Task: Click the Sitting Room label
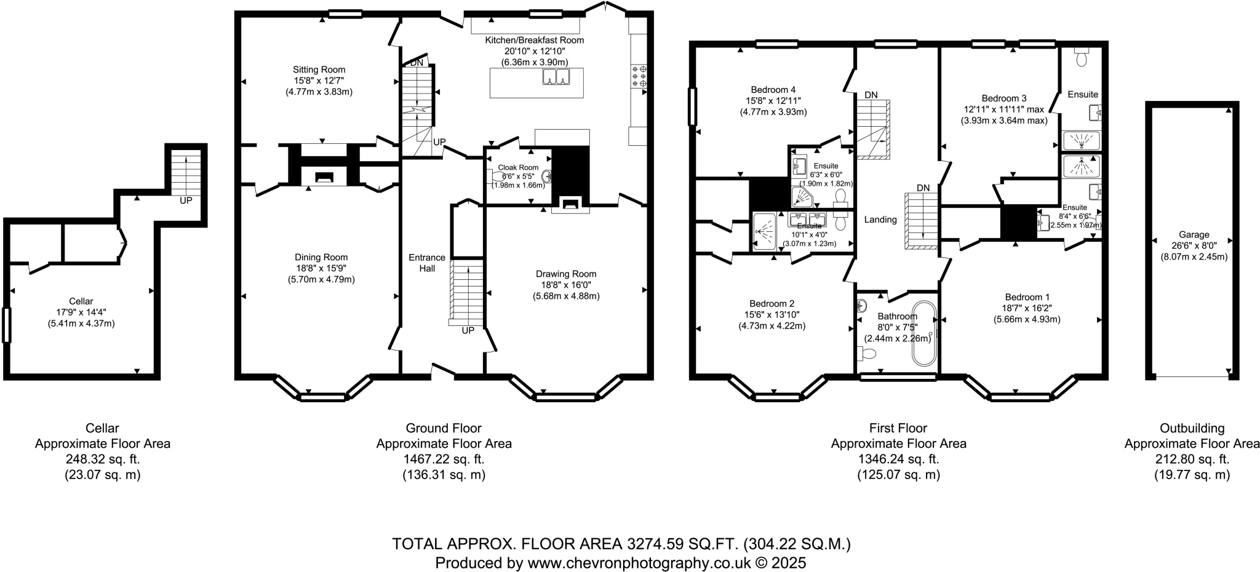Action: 319,70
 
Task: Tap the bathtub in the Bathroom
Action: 924,333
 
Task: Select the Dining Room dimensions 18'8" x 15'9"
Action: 321,268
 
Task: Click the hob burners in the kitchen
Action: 638,76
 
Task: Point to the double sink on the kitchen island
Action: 556,77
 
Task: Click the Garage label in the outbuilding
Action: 1194,234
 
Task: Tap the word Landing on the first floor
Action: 880,220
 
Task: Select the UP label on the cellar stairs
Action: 186,201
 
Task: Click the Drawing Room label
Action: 565,274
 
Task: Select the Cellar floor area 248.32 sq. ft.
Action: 103,459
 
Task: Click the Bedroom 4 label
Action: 773,89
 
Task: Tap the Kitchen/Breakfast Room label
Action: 534,40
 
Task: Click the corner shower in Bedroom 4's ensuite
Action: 802,197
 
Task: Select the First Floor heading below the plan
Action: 898,427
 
